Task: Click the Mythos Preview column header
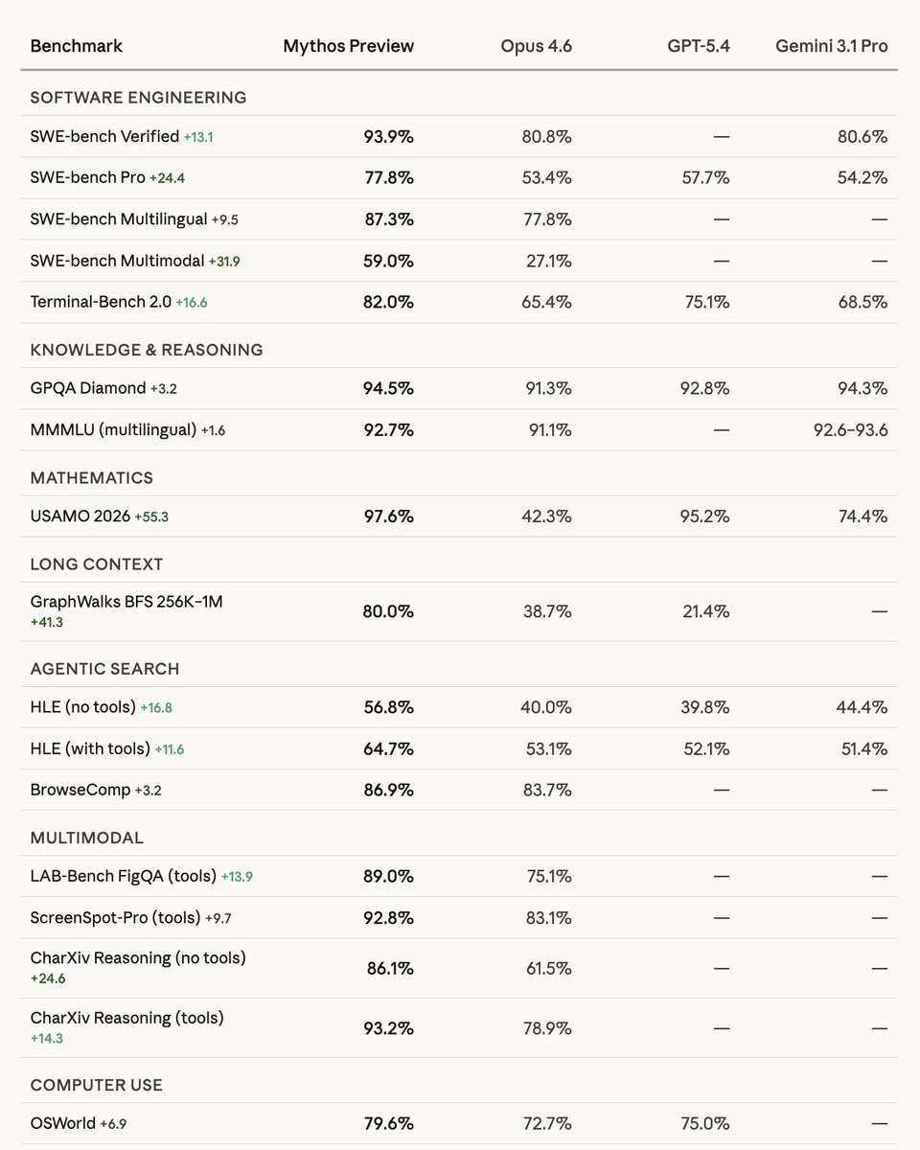[x=348, y=46]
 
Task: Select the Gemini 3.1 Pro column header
[x=831, y=46]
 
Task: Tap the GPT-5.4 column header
[x=699, y=46]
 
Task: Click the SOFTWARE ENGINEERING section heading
[x=138, y=98]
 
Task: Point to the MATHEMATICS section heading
[x=91, y=478]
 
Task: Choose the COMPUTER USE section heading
[x=96, y=1086]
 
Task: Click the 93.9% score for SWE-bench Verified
[x=388, y=137]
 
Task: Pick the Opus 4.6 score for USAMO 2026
[x=547, y=517]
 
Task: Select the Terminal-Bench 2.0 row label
[x=101, y=302]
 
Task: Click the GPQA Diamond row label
[x=87, y=388]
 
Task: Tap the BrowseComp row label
[x=75, y=791]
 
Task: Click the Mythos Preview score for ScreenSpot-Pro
[x=388, y=918]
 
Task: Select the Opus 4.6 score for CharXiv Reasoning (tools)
[x=547, y=1028]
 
